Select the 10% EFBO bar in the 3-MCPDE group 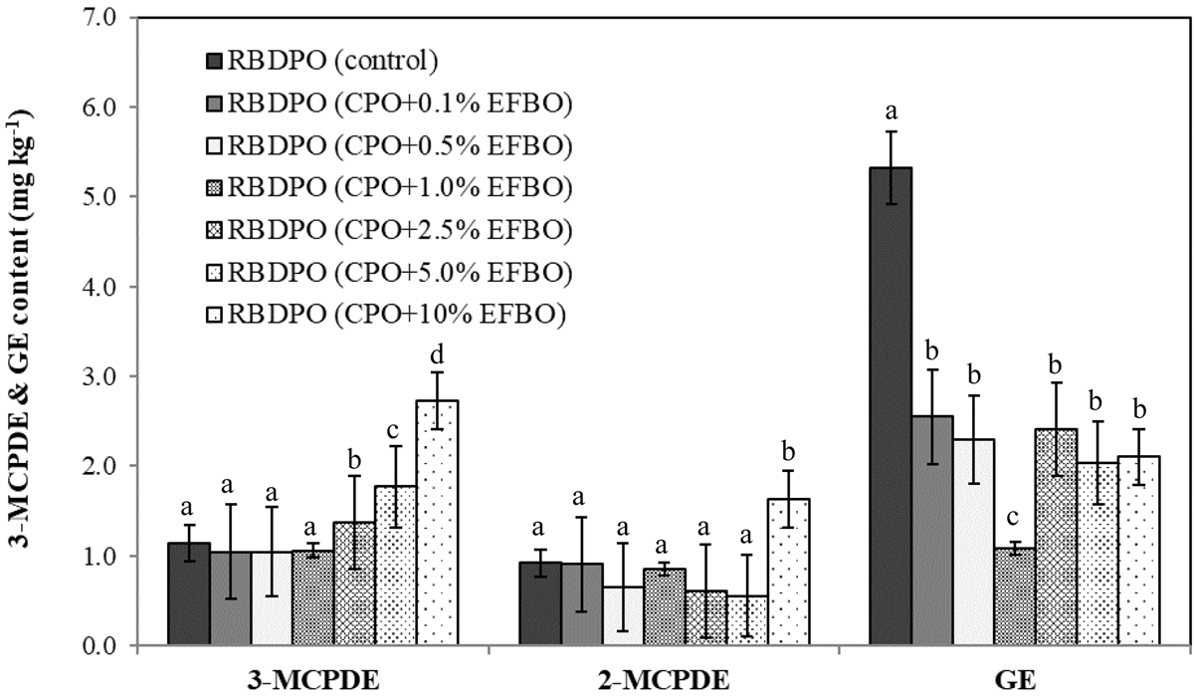coord(437,523)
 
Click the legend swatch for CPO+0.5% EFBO coord(214,146)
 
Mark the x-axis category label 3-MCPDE coord(312,681)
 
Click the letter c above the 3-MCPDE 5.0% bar coord(395,429)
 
